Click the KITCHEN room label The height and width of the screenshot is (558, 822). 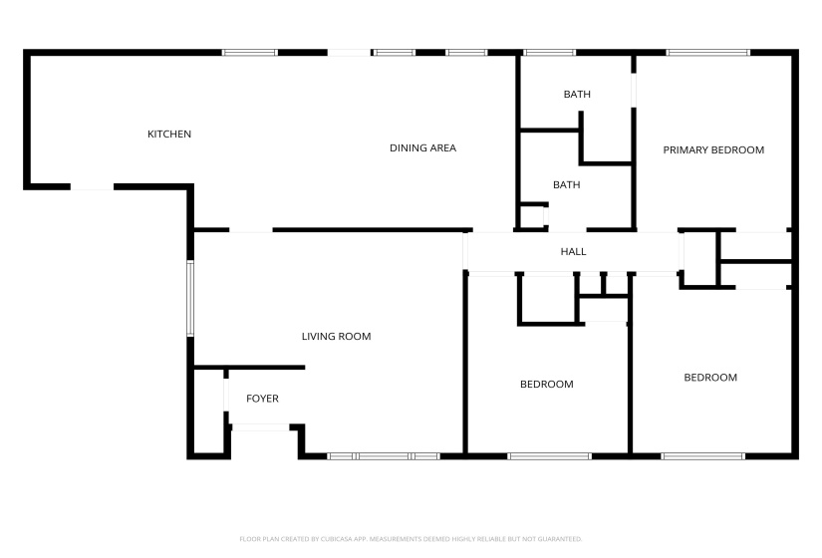(169, 135)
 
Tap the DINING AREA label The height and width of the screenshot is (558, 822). (422, 148)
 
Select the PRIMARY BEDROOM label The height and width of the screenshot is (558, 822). (713, 150)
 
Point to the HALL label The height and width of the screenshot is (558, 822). (573, 252)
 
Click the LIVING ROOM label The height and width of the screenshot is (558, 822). (336, 337)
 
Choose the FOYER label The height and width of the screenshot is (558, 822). (263, 399)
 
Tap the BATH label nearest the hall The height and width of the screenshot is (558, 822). (566, 184)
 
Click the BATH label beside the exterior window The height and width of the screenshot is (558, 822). (577, 95)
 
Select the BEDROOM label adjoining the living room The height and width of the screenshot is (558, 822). (547, 385)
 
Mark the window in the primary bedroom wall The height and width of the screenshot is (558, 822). (707, 53)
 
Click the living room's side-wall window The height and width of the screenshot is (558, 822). (189, 297)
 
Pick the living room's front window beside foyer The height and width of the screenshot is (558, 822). (384, 456)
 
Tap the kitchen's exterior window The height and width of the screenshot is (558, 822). (249, 53)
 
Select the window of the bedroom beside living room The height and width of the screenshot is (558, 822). (549, 456)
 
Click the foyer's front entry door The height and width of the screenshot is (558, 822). (260, 427)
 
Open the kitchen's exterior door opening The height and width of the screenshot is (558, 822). (92, 186)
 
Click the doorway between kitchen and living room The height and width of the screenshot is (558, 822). (251, 231)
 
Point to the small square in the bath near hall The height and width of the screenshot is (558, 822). (532, 216)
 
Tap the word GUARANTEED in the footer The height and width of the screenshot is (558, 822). (561, 539)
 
